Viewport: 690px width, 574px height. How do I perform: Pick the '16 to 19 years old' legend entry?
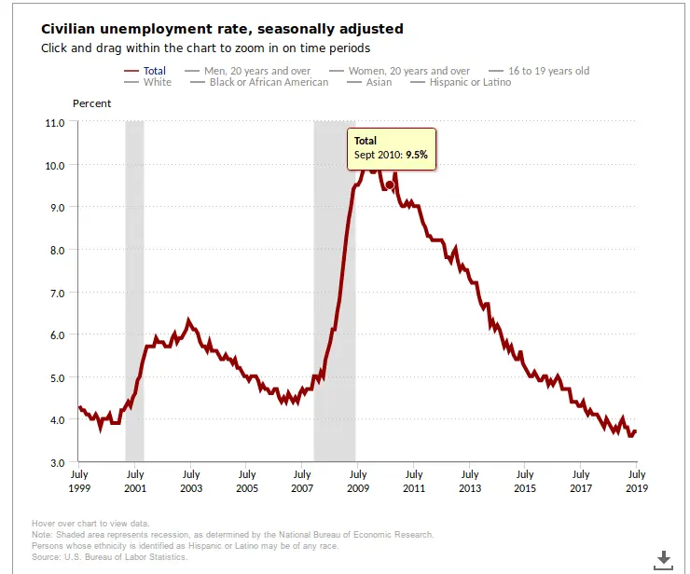548,71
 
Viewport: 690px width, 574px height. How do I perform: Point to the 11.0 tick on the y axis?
54,122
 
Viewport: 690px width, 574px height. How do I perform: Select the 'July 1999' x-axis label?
78,481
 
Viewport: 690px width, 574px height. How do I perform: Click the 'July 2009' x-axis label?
358,481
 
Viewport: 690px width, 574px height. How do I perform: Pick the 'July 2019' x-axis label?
636,481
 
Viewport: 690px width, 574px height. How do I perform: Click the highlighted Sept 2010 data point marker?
390,184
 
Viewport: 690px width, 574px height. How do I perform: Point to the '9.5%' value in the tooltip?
416,156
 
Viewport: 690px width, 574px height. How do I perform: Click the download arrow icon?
663,558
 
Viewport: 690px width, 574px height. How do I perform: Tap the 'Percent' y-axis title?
91,103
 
